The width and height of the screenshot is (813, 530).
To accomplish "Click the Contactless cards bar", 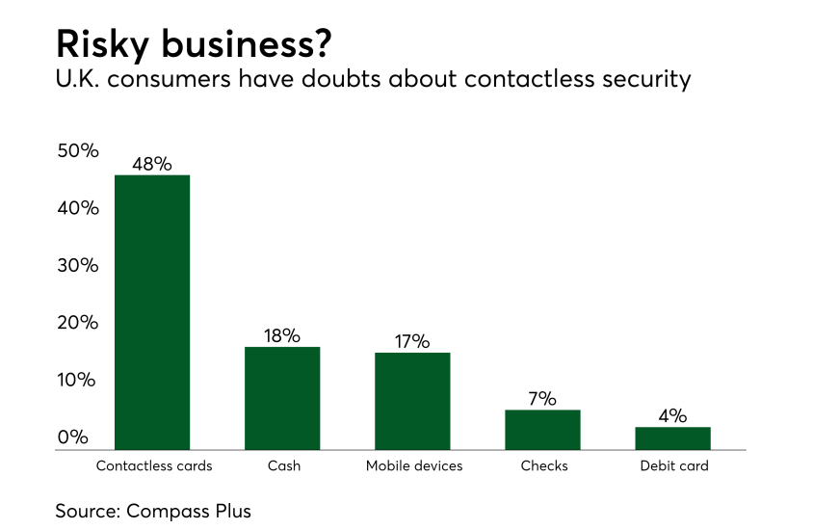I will (152, 312).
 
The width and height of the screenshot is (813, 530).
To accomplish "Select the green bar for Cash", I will (282, 398).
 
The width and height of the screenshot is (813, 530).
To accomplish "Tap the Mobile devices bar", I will (412, 401).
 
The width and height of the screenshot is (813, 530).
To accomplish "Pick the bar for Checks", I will (542, 430).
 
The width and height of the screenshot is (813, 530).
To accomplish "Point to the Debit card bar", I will (672, 438).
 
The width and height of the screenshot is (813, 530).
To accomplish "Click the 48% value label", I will (152, 163).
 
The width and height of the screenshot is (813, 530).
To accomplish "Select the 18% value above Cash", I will (282, 335).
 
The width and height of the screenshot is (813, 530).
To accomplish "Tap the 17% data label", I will (412, 341).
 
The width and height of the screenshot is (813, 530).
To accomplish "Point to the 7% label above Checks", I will (542, 398).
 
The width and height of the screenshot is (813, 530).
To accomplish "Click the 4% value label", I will (672, 415).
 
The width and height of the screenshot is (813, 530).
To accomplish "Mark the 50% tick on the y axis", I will (78, 151).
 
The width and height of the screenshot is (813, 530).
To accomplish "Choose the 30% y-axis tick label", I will (78, 266).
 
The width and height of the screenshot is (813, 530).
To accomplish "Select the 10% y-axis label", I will (78, 380).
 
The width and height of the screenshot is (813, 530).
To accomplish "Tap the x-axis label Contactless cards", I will (154, 466).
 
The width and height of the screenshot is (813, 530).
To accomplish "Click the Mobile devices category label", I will (414, 466).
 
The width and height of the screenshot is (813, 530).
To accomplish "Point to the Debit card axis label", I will (674, 466).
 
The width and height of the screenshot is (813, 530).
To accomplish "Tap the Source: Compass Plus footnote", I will (153, 511).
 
